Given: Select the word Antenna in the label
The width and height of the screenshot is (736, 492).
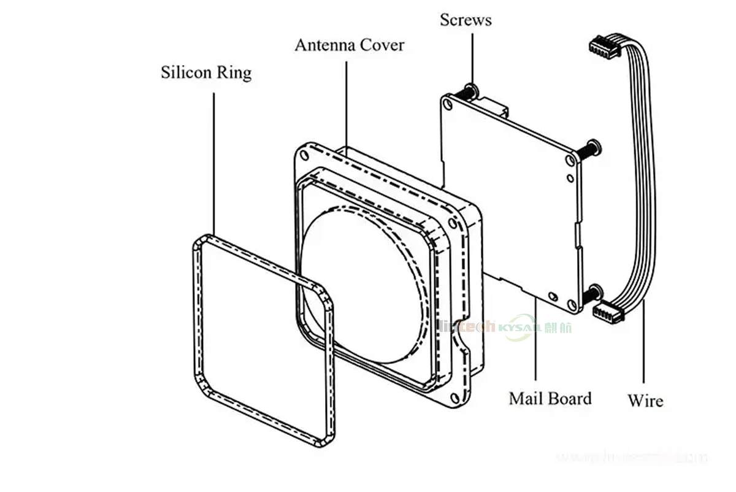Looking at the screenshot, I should click(x=324, y=45).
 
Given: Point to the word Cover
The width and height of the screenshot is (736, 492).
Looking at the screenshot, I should click(x=382, y=45).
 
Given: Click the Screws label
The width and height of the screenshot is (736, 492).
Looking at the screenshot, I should click(x=466, y=20).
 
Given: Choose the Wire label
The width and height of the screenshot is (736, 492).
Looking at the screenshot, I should click(x=645, y=401).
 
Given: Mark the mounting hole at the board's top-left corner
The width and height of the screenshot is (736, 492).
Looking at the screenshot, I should click(x=448, y=105).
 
